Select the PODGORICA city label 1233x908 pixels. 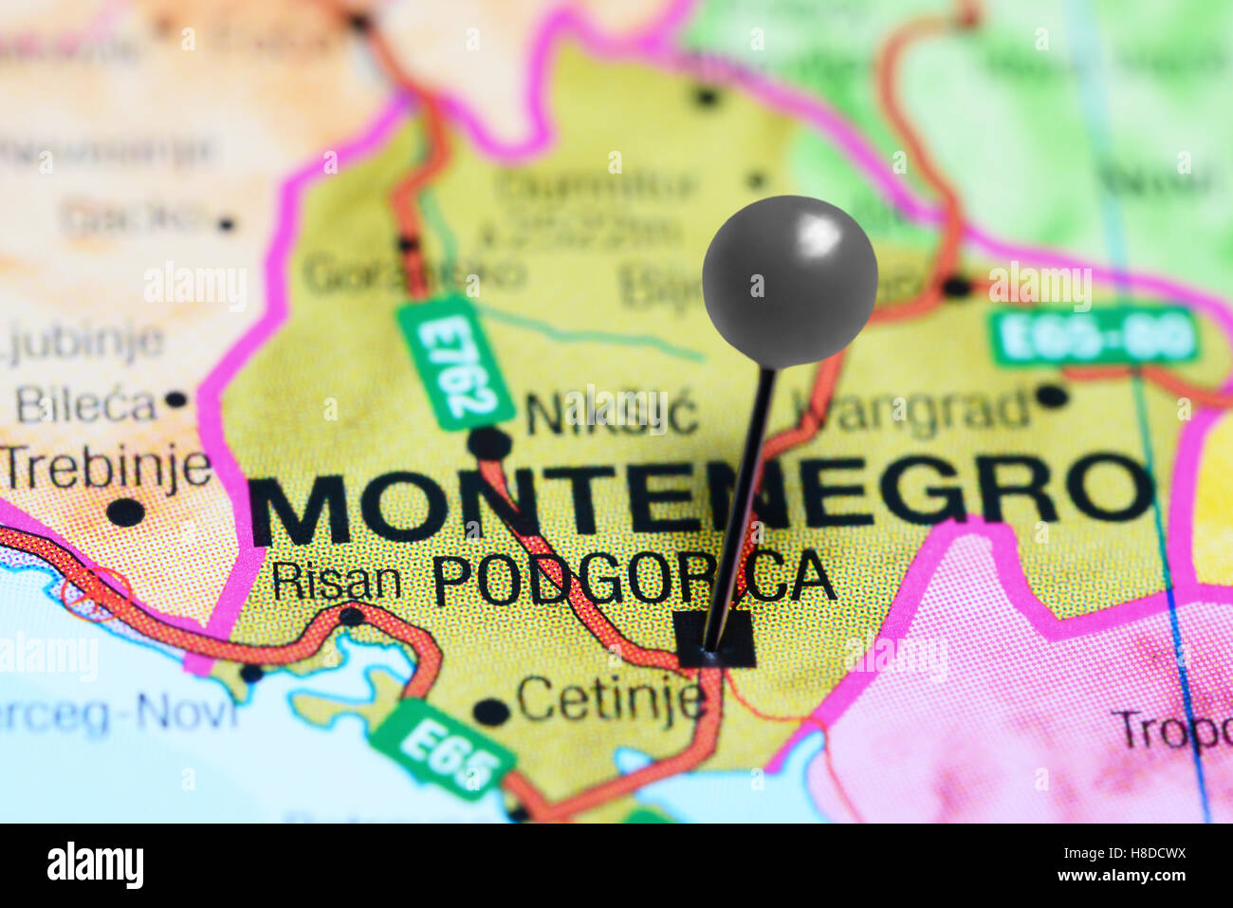pyautogui.click(x=634, y=578)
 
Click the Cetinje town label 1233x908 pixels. pyautogui.click(x=610, y=699)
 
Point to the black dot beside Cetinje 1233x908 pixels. pyautogui.click(x=489, y=711)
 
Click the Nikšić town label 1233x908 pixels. pyautogui.click(x=612, y=414)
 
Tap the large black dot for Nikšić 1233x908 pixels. pyautogui.click(x=489, y=443)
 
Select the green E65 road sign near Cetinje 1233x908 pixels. pyautogui.click(x=443, y=750)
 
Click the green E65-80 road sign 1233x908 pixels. pyautogui.click(x=1094, y=337)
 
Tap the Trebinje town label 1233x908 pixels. pyautogui.click(x=106, y=468)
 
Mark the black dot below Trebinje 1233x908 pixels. pyautogui.click(x=125, y=512)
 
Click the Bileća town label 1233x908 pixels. pyautogui.click(x=85, y=405)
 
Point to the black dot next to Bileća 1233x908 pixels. pyautogui.click(x=175, y=399)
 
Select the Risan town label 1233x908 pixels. pyautogui.click(x=336, y=581)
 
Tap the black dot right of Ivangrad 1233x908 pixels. pyautogui.click(x=1050, y=395)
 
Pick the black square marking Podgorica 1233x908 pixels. pyautogui.click(x=716, y=638)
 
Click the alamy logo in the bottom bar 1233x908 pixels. pyautogui.click(x=95, y=866)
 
